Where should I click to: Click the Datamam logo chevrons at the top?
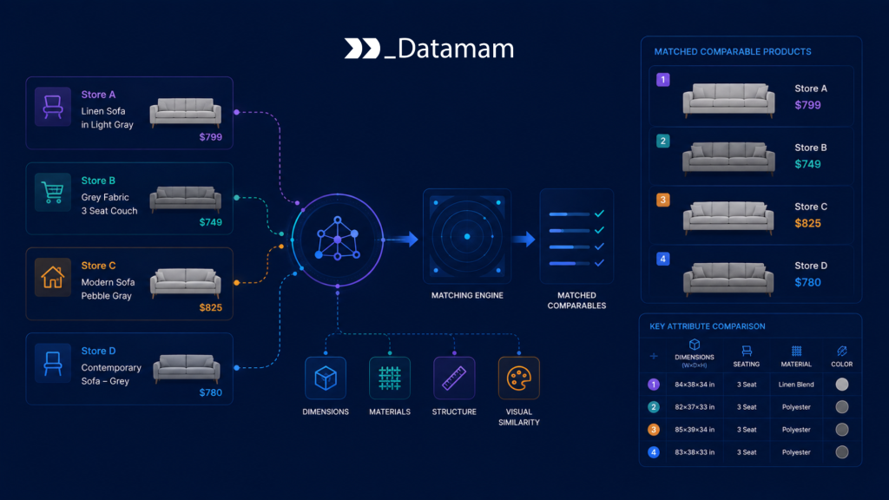[362, 49]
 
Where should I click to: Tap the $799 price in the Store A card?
[210, 137]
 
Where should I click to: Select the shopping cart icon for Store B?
[53, 192]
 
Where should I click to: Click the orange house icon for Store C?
[53, 277]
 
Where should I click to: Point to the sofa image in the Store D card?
[187, 367]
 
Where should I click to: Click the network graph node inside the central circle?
[338, 240]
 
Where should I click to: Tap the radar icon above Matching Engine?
[467, 236]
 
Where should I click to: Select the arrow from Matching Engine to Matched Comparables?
[524, 240]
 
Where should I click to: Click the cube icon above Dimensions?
[326, 378]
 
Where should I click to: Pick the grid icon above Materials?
[390, 378]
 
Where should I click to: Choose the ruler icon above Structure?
[454, 378]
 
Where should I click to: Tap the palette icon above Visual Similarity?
[519, 378]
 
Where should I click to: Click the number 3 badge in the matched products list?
[662, 200]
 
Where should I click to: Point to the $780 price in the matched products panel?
[807, 282]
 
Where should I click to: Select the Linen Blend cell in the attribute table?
[796, 385]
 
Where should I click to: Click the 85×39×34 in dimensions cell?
[695, 430]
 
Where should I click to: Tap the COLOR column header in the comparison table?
[842, 364]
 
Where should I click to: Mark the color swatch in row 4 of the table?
[842, 451]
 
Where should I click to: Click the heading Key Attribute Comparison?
[708, 326]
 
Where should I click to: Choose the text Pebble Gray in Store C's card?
[106, 296]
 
